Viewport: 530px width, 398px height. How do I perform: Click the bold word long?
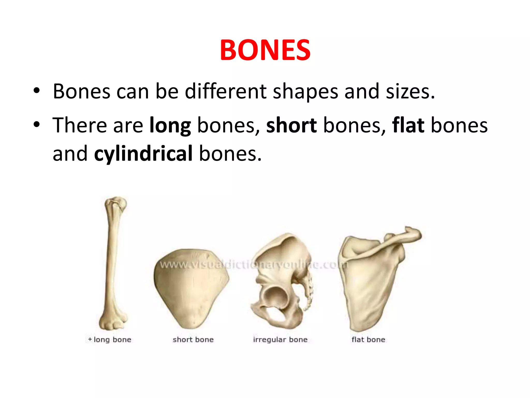click(170, 126)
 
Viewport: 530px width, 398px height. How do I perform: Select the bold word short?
click(291, 126)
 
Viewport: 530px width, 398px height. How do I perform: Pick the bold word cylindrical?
click(143, 154)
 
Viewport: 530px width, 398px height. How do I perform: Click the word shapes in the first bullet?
click(305, 92)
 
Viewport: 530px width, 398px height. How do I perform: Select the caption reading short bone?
click(193, 339)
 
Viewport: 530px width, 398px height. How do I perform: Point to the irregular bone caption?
click(280, 339)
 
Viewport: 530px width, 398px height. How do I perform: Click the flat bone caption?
click(368, 339)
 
